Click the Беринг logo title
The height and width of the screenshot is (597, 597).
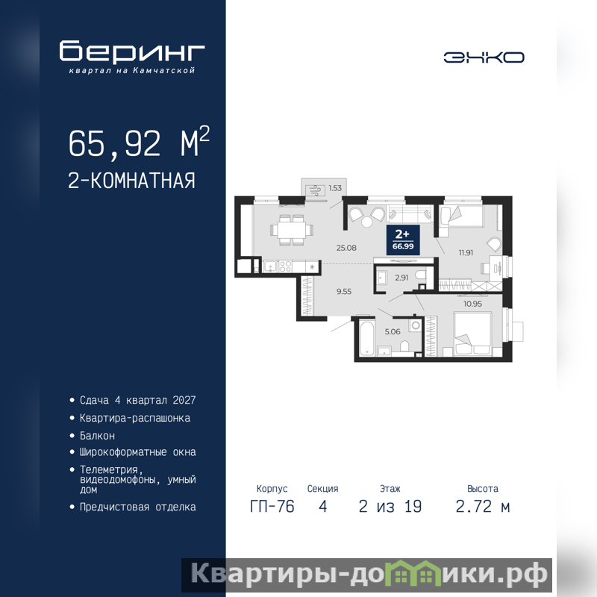click(132, 51)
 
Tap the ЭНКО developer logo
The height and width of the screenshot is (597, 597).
click(484, 57)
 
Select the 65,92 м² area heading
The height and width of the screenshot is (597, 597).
click(139, 142)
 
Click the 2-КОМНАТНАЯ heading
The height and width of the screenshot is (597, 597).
click(131, 181)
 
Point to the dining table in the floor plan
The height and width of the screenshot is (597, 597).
click(292, 230)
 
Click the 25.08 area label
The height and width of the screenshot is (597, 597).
click(346, 248)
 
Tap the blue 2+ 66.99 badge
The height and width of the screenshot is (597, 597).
click(403, 240)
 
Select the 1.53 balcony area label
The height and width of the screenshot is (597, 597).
click(335, 188)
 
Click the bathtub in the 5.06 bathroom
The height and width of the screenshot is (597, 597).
click(366, 338)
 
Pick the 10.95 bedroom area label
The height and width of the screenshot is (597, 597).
click(472, 304)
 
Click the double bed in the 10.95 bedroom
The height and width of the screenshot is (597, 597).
click(473, 334)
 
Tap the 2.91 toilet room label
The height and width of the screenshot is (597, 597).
click(401, 278)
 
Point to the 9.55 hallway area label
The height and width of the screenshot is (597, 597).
click(344, 292)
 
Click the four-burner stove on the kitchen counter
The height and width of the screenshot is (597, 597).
click(286, 266)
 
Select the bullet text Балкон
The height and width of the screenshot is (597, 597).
click(97, 436)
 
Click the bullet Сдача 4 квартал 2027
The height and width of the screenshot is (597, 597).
click(137, 400)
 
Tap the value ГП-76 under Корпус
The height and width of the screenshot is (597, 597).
click(272, 507)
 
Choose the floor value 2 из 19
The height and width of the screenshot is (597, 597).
click(390, 507)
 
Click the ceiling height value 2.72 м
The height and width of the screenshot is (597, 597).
click(482, 507)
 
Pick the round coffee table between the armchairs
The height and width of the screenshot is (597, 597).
click(367, 222)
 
